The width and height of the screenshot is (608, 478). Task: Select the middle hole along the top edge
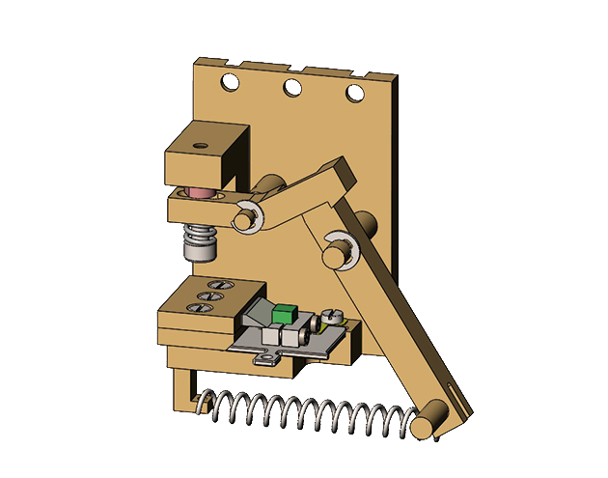tap(291, 89)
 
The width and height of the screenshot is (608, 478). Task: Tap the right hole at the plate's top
tap(355, 94)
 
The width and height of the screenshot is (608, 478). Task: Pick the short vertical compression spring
tap(201, 235)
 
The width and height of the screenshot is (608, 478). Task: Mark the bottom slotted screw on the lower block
tap(202, 308)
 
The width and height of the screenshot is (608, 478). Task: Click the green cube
tap(284, 314)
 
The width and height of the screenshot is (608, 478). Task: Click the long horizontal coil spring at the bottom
tap(309, 413)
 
